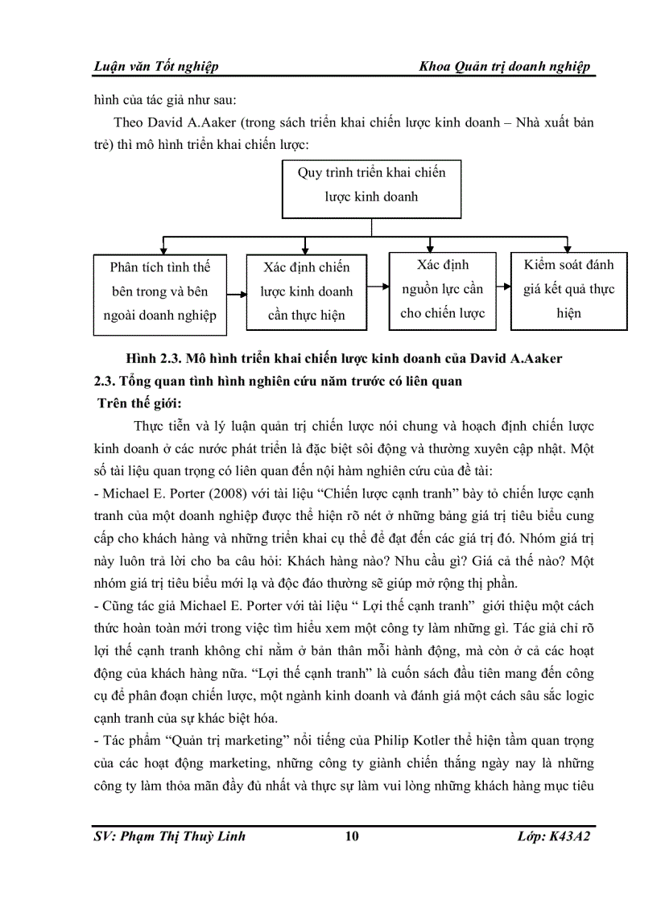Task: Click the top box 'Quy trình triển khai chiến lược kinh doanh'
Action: coord(371,184)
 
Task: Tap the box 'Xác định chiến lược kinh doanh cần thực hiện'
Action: coord(306,291)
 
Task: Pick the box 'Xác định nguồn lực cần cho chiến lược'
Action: coord(442,289)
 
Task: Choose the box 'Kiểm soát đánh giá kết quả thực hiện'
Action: coord(568,289)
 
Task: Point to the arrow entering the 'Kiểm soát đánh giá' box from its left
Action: coord(503,286)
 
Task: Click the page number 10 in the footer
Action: coord(351,836)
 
